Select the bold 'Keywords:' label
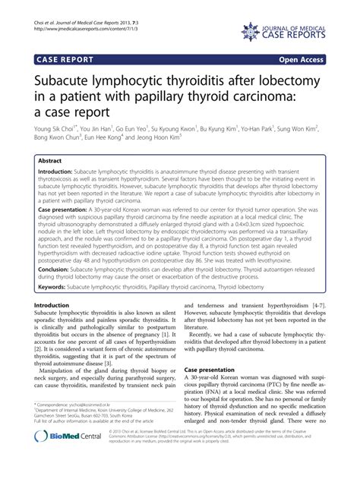[x=55, y=266]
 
